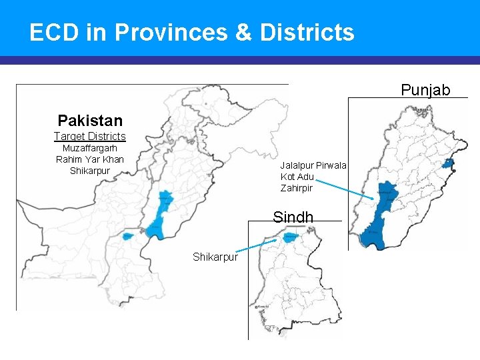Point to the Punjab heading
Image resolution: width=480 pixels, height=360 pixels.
click(x=425, y=90)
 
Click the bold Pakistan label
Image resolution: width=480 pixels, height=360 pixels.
click(x=90, y=121)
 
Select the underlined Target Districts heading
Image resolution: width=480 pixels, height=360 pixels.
click(x=89, y=137)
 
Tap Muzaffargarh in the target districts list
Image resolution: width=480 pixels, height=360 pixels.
click(x=89, y=148)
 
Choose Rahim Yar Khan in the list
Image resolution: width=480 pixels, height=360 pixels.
click(x=89, y=159)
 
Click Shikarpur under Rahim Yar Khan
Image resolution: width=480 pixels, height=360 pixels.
click(x=89, y=171)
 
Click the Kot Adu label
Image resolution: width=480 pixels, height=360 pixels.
click(x=297, y=177)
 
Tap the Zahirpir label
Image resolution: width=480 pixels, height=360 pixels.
click(x=297, y=189)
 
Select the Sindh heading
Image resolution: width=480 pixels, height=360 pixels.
click(x=293, y=217)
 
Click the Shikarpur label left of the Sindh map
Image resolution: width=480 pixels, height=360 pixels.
click(x=215, y=257)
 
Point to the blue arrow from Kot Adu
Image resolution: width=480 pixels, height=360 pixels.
click(x=344, y=188)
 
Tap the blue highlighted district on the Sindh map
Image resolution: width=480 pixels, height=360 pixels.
click(x=291, y=237)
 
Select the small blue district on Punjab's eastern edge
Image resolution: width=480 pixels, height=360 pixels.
click(x=449, y=163)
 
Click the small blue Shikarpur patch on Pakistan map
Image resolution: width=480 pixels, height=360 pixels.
click(x=127, y=236)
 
